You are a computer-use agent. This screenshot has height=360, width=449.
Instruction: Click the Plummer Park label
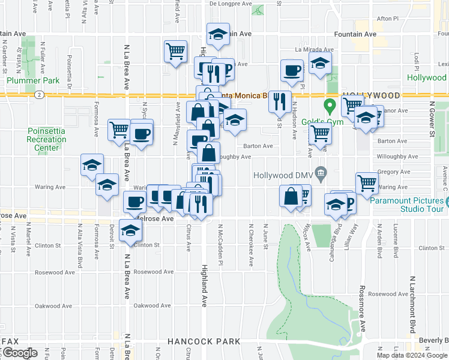pos(33,80)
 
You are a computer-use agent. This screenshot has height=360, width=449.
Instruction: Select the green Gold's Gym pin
pos(329,107)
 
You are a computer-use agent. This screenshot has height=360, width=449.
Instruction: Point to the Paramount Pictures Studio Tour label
pos(408,205)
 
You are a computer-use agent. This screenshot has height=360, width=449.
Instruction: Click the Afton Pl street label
pos(387,19)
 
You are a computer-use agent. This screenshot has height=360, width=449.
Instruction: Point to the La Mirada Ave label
pos(313,50)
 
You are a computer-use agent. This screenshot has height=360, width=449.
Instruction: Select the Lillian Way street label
pos(355,233)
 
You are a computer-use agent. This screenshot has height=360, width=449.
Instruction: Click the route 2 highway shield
pos(39,94)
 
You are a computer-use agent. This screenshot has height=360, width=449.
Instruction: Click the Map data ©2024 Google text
pos(411,355)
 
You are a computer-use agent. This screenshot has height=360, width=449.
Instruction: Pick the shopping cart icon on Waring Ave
pos(366,183)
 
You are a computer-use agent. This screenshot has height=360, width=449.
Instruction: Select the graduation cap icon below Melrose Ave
pos(130,231)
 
